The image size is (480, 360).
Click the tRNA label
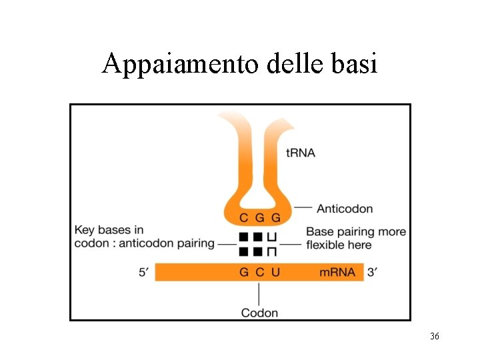point(300,153)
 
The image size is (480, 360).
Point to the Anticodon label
point(344,209)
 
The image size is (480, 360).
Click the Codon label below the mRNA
point(259,313)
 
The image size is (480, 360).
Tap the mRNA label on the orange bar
point(336,272)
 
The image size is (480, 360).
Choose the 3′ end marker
point(374,272)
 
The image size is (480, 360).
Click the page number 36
point(435,337)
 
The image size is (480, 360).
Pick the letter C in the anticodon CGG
point(243,218)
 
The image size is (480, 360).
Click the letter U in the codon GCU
point(275,272)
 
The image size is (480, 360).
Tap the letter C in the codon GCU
point(259,272)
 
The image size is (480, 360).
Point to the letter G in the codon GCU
point(243,272)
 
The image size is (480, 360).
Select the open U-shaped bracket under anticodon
point(272,237)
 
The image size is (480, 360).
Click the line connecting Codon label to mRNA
point(259,293)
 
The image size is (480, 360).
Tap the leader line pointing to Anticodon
point(303,208)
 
